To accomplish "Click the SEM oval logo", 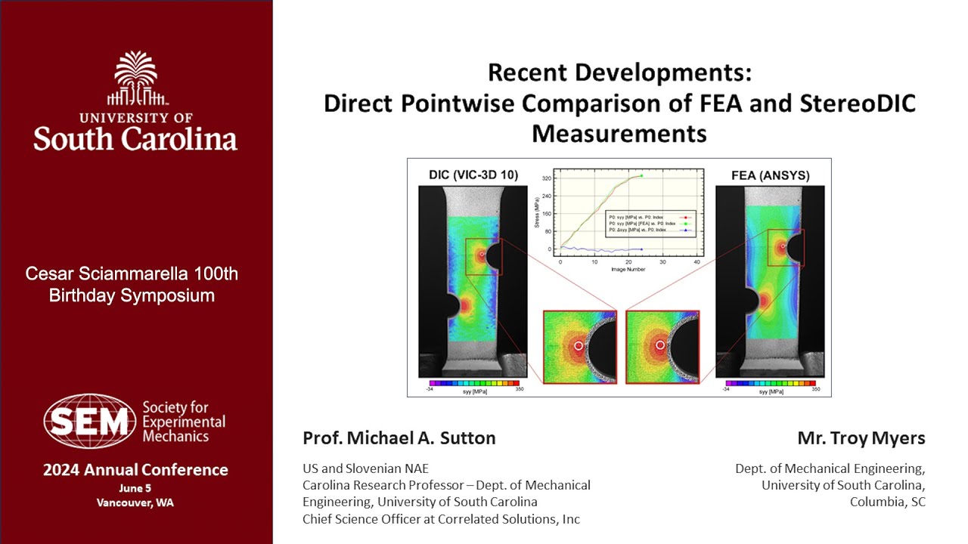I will point(90,421).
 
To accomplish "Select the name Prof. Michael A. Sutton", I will point(399,438).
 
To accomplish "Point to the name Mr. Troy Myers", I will point(861,438).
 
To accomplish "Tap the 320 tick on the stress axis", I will point(546,179).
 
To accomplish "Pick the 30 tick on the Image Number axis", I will point(662,262).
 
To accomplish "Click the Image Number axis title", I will point(628,269).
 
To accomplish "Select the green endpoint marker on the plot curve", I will point(641,175).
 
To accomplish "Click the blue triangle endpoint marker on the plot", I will point(641,249).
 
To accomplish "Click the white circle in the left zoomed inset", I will point(579,345).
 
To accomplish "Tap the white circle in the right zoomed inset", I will point(660,345).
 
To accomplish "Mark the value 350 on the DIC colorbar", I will point(520,389).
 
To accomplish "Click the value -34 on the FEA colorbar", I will point(727,389).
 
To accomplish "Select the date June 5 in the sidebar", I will point(135,488).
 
